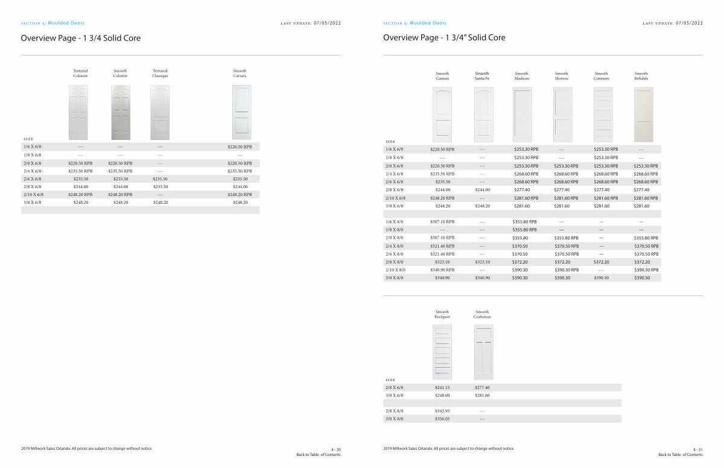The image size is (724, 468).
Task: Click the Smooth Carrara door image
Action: click(241, 113)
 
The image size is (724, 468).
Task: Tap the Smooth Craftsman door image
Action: click(483, 352)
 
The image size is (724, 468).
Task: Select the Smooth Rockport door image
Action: click(442, 352)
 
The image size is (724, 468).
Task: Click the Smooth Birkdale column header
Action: click(641, 76)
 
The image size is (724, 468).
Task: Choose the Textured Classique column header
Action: click(160, 74)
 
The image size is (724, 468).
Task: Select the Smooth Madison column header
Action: click(522, 76)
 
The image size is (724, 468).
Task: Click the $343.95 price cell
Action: click(442, 411)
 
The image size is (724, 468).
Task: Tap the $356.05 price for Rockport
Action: click(442, 419)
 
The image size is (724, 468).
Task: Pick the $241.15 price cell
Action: click(442, 387)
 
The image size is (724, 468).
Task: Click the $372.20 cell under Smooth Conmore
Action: click(602, 262)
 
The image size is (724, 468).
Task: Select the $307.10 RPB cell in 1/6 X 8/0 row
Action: click(442, 221)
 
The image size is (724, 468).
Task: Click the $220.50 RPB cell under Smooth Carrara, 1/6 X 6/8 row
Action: click(240, 147)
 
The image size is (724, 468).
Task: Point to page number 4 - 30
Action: click(336, 449)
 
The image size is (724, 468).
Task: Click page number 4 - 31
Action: click(698, 449)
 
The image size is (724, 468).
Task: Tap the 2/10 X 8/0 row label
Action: click(395, 270)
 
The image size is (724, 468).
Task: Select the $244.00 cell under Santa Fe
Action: click(482, 189)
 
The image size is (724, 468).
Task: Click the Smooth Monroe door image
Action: click(562, 115)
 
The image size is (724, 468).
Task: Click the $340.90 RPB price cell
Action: click(442, 270)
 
